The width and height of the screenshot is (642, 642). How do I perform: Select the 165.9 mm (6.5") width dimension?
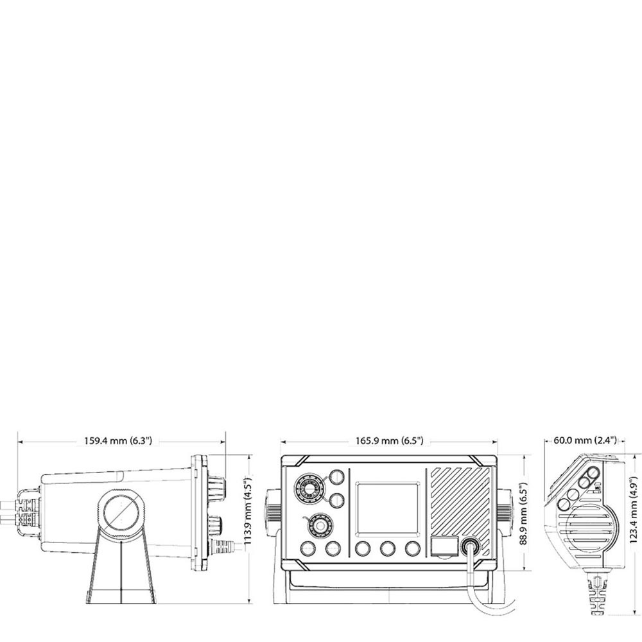389,441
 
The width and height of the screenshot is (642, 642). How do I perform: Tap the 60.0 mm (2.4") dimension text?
584,440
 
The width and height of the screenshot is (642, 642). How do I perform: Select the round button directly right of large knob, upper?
336,476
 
